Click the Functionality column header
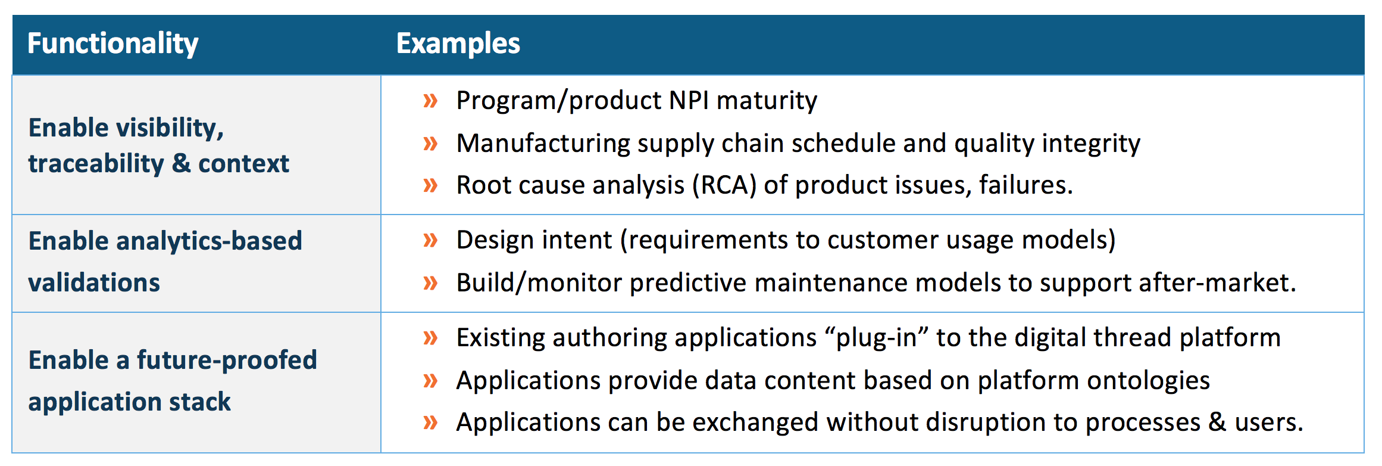(x=112, y=44)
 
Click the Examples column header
(x=458, y=44)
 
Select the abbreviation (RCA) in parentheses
(x=724, y=185)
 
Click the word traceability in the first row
(x=96, y=164)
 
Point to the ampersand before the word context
(x=181, y=164)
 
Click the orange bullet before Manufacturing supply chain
(x=430, y=144)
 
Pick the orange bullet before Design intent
(x=430, y=240)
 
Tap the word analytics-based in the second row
(x=209, y=241)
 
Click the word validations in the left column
(x=94, y=283)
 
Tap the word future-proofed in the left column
(x=227, y=361)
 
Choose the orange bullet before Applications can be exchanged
(x=430, y=422)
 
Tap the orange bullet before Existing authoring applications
(x=430, y=338)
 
